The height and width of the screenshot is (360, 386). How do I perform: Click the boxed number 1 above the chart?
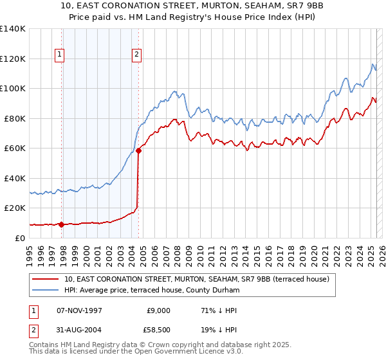[59, 55]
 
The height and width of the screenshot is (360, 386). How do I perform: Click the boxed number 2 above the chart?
[137, 55]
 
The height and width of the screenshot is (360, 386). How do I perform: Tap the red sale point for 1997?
[62, 224]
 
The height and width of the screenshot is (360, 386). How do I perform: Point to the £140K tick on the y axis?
[13, 29]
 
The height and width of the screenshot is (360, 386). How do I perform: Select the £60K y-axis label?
[15, 148]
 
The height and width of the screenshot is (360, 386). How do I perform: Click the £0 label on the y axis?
[20, 238]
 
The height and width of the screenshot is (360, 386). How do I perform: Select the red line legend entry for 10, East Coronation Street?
[197, 279]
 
